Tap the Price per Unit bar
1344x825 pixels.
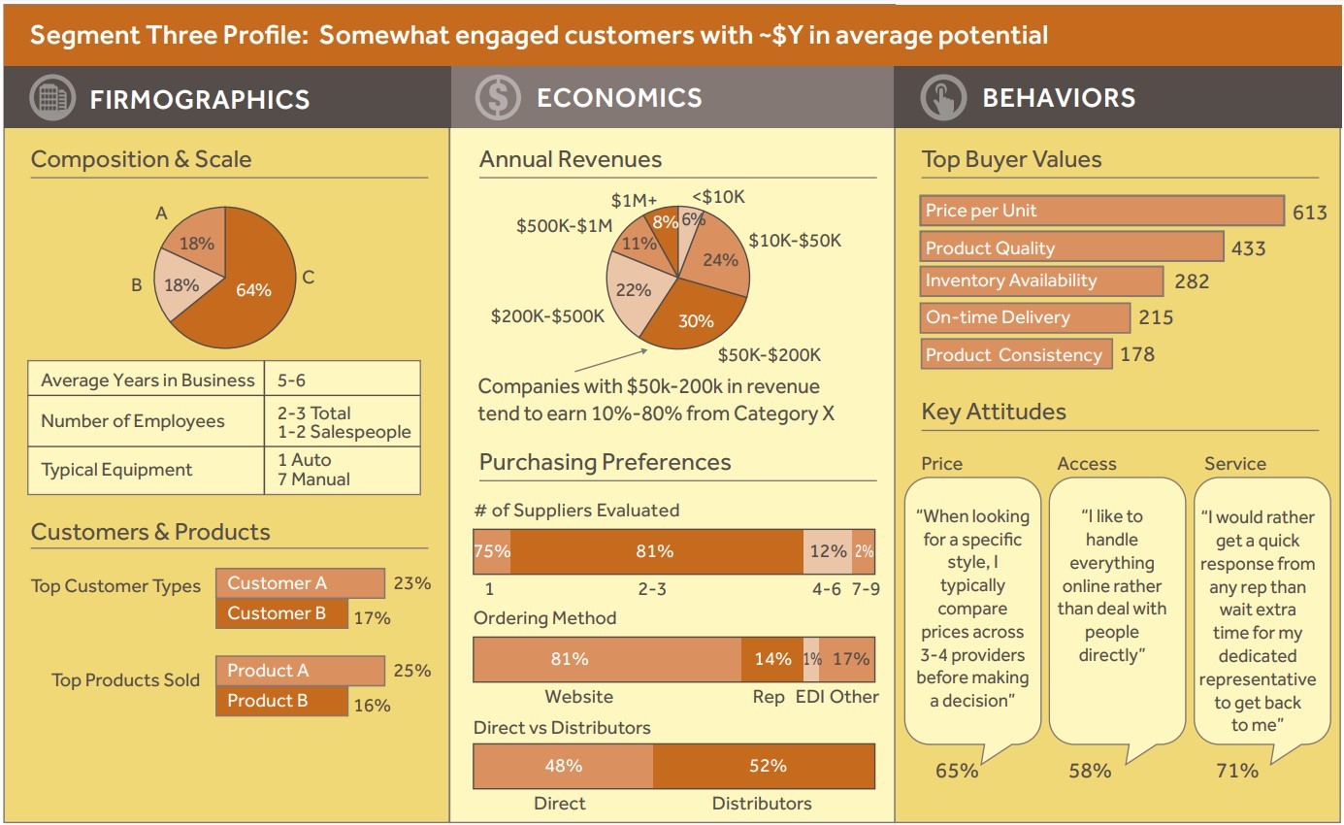[x=1101, y=211]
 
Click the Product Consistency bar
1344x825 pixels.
[x=1015, y=354]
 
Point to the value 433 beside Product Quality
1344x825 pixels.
[x=1248, y=248]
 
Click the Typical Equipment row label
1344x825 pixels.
[x=116, y=470]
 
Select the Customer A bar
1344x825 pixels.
[x=300, y=583]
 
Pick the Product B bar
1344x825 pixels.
[x=281, y=701]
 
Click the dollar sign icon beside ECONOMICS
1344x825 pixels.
[x=498, y=97]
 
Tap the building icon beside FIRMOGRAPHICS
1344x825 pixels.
[x=52, y=98]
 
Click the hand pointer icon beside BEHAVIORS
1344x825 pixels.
[x=943, y=98]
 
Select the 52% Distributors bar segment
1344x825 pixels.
[x=765, y=766]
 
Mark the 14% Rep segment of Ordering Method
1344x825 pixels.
[x=771, y=659]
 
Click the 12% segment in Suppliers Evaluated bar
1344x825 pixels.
[x=827, y=551]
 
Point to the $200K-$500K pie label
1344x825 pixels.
[x=547, y=315]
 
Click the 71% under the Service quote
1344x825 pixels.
[x=1236, y=771]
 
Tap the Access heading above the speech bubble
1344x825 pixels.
[x=1086, y=464]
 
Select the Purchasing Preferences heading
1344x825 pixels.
[x=605, y=462]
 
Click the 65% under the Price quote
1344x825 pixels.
[x=957, y=771]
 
